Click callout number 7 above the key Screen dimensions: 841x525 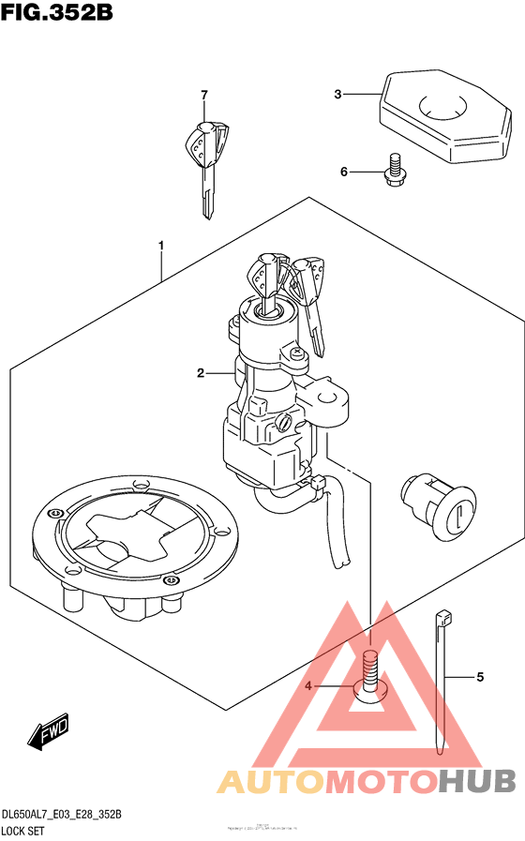[x=203, y=95]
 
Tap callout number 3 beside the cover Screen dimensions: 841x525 [x=338, y=94]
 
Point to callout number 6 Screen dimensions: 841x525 [x=344, y=172]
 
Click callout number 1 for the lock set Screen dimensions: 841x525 [x=161, y=246]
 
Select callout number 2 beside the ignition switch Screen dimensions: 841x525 [x=201, y=373]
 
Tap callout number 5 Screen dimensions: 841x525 [x=479, y=676]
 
